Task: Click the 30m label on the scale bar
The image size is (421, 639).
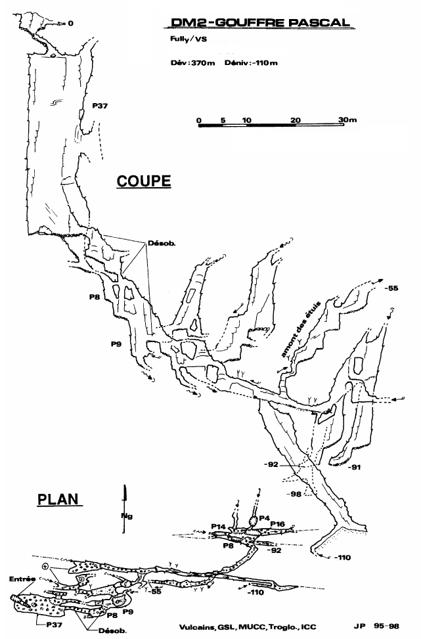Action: click(347, 120)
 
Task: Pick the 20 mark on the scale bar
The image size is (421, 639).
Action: click(296, 120)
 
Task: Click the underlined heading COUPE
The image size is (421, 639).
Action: click(143, 181)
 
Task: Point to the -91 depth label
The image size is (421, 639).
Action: click(355, 468)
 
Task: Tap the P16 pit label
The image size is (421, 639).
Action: click(277, 524)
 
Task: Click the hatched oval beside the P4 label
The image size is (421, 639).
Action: click(255, 521)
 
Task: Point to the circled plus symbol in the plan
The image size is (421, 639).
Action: click(45, 566)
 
